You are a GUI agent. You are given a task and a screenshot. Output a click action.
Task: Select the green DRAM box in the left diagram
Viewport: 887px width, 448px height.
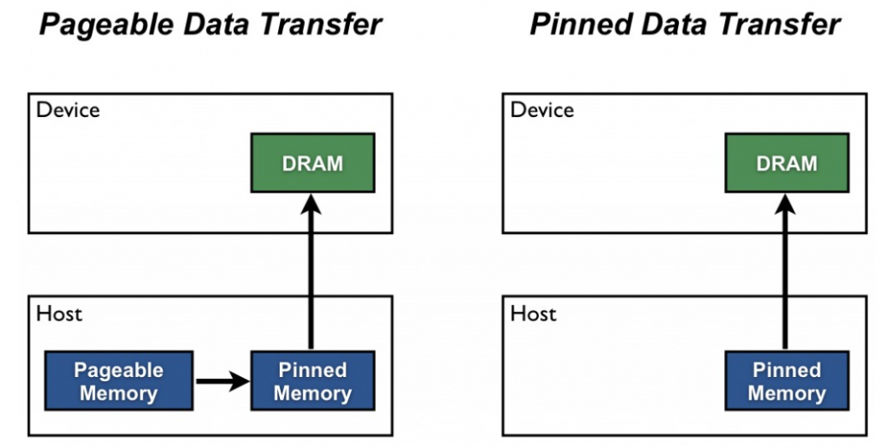[x=313, y=163]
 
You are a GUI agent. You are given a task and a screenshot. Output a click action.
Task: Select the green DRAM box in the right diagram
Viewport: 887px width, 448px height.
[x=787, y=163]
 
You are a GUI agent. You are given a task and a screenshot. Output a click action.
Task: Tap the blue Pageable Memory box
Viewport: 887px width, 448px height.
[x=118, y=381]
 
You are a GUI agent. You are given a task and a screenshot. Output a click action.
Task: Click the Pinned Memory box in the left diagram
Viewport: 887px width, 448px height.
[x=313, y=381]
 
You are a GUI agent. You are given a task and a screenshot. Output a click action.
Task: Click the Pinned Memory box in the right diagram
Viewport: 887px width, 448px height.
[x=787, y=381]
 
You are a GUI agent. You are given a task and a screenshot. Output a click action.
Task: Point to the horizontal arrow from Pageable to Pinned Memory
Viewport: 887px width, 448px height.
[x=221, y=381]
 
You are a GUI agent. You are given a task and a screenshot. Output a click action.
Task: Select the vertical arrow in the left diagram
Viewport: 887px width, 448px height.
[x=313, y=277]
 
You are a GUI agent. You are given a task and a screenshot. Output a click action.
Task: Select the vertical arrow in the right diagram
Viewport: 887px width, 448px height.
[x=787, y=277]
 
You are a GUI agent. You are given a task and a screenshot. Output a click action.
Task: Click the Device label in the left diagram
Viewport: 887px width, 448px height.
[x=68, y=110]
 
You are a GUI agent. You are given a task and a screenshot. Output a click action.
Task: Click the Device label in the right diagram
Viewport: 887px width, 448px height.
[x=542, y=110]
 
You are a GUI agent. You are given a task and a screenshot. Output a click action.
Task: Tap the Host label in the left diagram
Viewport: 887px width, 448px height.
[x=59, y=313]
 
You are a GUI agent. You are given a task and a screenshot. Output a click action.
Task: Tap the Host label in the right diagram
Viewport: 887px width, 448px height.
[x=534, y=313]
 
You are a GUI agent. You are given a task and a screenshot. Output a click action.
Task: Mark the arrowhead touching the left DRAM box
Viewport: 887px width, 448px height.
[x=313, y=205]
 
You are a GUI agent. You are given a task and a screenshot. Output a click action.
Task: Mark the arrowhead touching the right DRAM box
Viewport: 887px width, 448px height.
[x=787, y=205]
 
